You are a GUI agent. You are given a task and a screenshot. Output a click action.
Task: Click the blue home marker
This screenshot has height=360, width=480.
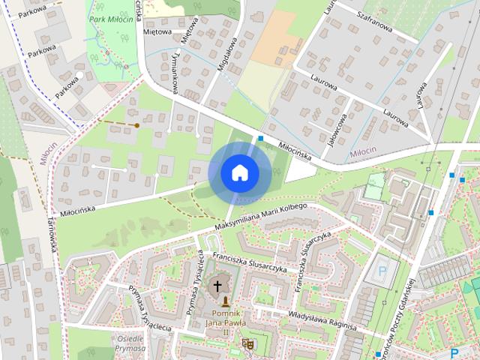(239, 172)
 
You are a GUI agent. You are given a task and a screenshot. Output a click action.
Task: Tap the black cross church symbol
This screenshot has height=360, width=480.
(218, 286)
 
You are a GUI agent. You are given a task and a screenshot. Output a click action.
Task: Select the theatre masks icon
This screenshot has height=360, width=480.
(247, 344)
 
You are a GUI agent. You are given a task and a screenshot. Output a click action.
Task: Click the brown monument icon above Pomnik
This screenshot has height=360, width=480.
(226, 301)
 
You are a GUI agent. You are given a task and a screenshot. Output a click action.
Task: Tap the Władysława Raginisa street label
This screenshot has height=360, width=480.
(320, 320)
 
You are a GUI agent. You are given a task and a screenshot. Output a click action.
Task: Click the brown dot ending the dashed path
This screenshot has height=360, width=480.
(137, 125)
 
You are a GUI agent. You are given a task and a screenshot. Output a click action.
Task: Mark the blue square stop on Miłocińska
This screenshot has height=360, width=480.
(259, 139)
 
